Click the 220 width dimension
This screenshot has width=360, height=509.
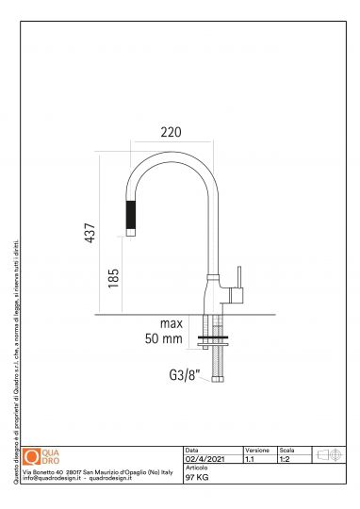(171, 132)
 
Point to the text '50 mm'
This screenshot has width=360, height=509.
(163, 338)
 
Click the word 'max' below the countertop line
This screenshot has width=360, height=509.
(170, 324)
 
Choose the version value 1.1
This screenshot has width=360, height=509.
(250, 458)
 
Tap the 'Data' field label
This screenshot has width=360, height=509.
(192, 450)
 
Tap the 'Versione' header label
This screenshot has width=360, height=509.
(257, 450)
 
